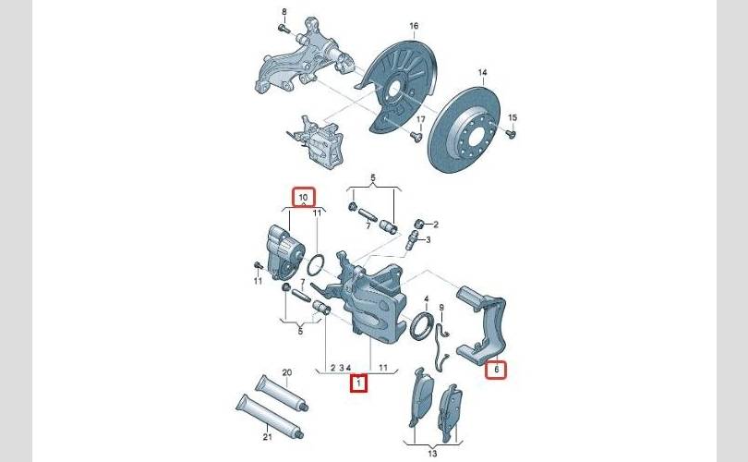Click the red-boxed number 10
(x=304, y=197)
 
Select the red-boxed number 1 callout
(x=358, y=383)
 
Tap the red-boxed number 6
(x=496, y=369)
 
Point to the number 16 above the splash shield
(x=414, y=25)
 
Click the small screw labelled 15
(x=511, y=133)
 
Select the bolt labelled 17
(x=416, y=137)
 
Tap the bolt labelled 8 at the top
(x=284, y=29)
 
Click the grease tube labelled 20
(x=282, y=393)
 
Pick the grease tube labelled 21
(x=270, y=416)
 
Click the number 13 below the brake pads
(x=432, y=453)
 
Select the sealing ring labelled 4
(x=421, y=326)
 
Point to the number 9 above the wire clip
(x=441, y=308)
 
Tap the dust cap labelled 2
(x=419, y=224)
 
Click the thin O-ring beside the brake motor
(x=316, y=265)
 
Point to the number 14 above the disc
(x=482, y=73)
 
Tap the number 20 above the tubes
(x=286, y=372)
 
